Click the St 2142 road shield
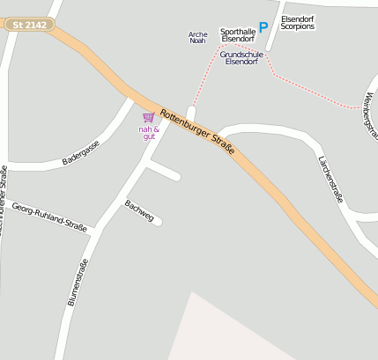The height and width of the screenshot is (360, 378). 29,26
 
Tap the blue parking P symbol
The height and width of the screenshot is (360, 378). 263,29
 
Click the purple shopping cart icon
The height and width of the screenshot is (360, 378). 148,117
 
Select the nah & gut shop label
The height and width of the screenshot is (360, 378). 149,133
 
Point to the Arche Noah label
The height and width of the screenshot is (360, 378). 197,37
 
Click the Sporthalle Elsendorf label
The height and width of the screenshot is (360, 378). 237,34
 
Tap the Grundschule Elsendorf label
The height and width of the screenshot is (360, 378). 240,57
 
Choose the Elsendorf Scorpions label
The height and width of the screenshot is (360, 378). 297,22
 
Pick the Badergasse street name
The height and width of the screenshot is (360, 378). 81,156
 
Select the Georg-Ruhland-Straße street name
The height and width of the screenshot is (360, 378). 49,217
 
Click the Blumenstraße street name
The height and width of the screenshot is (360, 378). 78,283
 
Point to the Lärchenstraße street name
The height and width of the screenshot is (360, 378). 330,176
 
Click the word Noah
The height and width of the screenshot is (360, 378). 197,41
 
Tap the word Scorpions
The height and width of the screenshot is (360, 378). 297,26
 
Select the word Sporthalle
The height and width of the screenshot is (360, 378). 237,30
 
